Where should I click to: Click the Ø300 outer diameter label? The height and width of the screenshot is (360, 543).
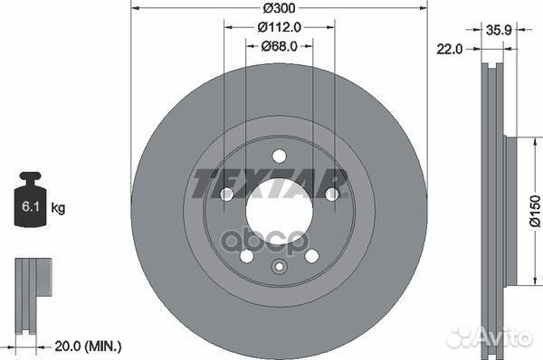coord(279,7)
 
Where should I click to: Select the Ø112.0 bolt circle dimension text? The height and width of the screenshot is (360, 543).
coord(279,27)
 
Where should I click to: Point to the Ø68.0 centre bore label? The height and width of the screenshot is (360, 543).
coord(279,46)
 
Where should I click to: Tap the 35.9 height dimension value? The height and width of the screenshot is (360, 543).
coord(499,30)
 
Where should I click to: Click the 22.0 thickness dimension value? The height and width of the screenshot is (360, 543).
coord(449,50)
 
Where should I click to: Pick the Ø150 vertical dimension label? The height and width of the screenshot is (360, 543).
coord(536,211)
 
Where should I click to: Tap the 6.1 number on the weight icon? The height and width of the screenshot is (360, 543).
coord(31,206)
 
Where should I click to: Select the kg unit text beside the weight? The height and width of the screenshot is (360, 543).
coord(58,208)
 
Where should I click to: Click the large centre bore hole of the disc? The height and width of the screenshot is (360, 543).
coord(279,210)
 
